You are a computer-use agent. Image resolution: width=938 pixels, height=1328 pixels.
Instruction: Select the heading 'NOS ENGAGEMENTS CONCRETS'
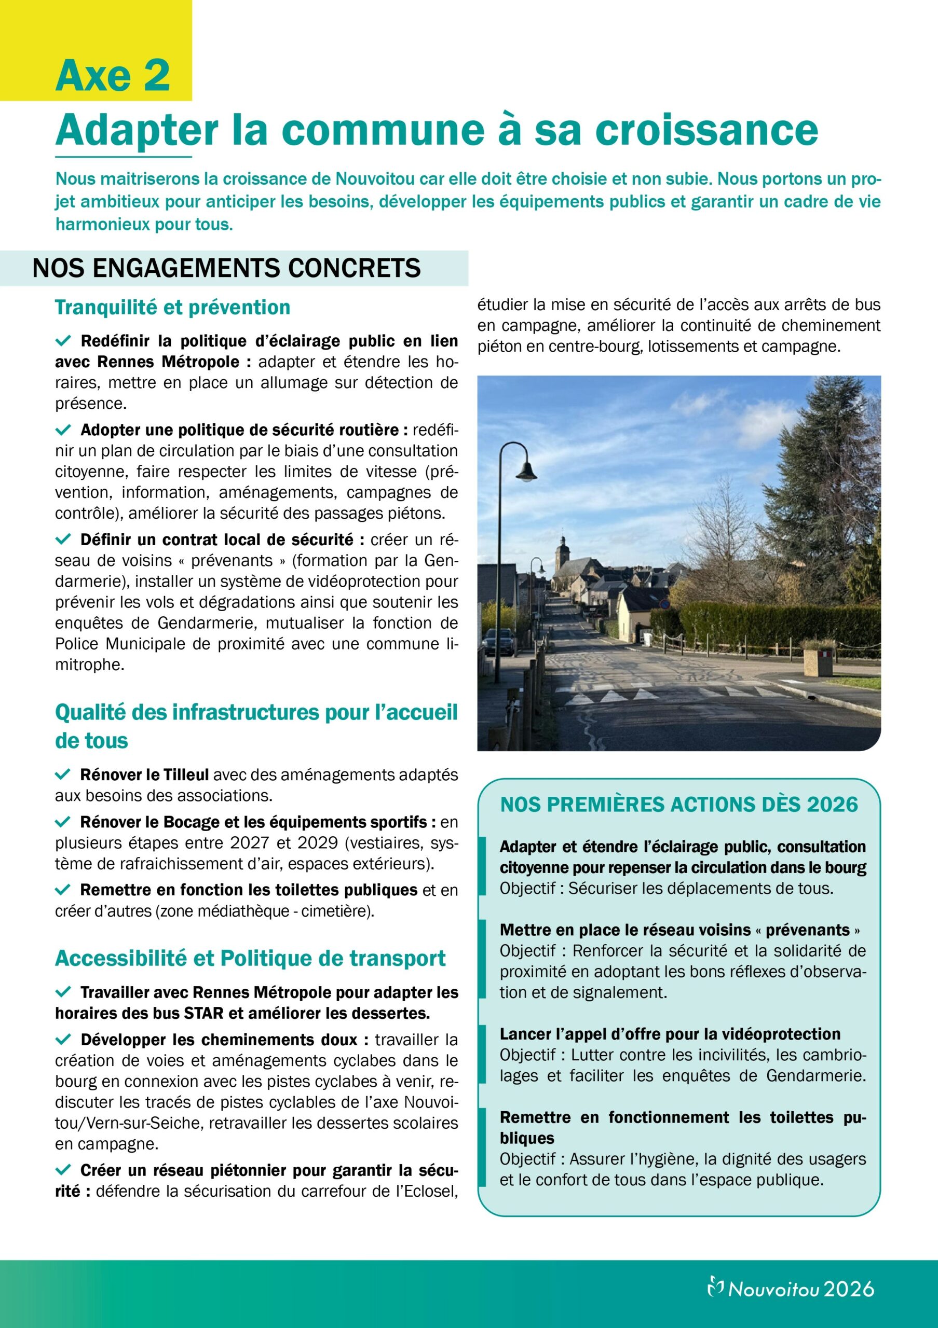tap(226, 268)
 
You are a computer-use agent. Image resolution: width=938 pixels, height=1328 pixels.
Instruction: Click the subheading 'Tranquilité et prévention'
tap(172, 307)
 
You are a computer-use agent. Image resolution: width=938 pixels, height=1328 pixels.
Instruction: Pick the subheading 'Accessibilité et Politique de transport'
tap(250, 959)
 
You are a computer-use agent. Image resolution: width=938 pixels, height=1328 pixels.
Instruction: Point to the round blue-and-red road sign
tap(664, 604)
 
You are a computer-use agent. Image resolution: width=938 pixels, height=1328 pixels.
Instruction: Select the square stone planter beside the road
tap(817, 662)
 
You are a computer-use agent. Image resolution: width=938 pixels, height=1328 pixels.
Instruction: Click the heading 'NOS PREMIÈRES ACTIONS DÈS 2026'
tap(679, 805)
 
